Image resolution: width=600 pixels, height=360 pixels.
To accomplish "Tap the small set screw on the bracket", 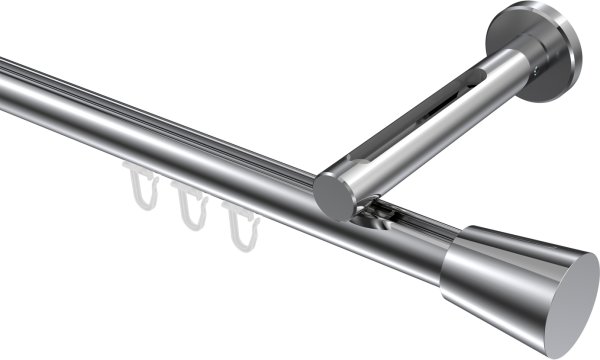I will pos(540,71).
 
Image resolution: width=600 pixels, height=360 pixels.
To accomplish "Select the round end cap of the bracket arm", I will pos(333,195).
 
